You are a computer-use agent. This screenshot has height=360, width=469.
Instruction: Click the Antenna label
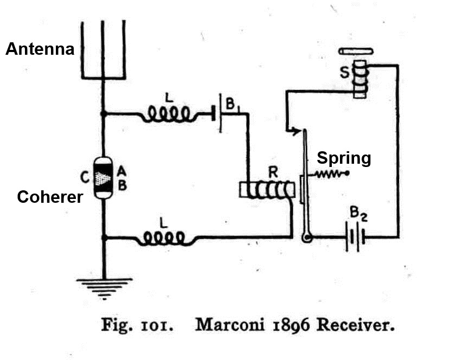(40, 49)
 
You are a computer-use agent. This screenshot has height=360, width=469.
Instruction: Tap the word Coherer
(50, 196)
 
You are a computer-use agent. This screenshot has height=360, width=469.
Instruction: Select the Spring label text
(344, 158)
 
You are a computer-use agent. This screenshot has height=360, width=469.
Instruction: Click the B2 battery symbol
(355, 236)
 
